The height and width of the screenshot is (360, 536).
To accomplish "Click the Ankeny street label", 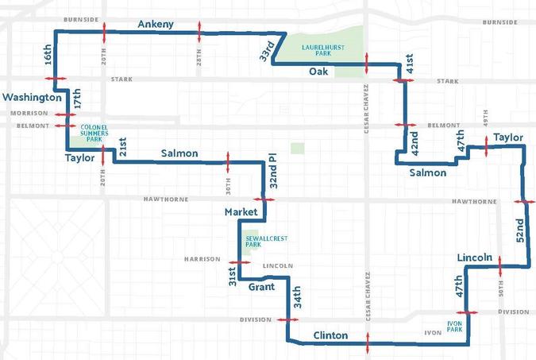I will click(x=155, y=25).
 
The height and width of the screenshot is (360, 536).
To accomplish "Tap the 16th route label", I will click(x=48, y=55).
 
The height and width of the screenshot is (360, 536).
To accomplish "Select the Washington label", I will click(x=32, y=98).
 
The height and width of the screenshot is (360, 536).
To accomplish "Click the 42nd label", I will click(x=414, y=143).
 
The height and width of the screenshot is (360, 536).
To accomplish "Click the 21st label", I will click(x=122, y=148).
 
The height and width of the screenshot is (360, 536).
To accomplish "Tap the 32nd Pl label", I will click(x=272, y=171).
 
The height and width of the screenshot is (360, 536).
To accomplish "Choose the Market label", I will click(x=241, y=212).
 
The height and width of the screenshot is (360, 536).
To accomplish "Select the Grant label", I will click(x=262, y=286).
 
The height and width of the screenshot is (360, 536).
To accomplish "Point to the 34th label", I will click(x=297, y=299).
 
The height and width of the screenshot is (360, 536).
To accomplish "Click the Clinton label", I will click(x=330, y=335).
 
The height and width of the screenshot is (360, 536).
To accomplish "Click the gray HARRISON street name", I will click(x=202, y=259).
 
